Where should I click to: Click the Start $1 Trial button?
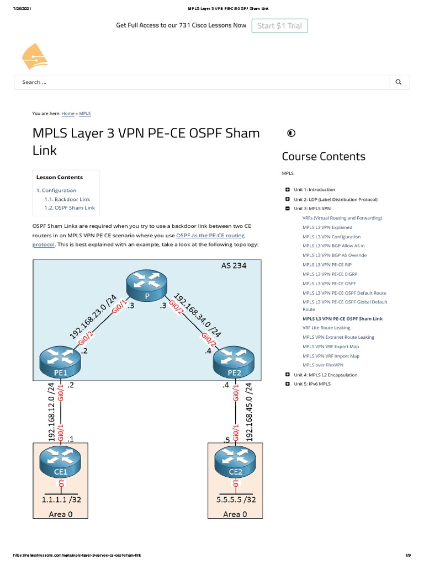tap(280, 26)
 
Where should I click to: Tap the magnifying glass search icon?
tap(399, 82)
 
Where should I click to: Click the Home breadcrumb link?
tap(68, 114)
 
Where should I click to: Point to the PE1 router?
tap(61, 363)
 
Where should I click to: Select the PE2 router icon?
tap(234, 363)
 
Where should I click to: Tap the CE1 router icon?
tap(61, 462)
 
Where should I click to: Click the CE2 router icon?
tap(235, 462)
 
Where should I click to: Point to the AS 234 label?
tap(234, 265)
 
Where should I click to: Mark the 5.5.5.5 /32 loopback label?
tap(235, 501)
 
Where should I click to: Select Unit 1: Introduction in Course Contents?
tap(314, 190)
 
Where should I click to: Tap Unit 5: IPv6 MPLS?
tap(312, 383)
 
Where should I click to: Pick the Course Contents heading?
tap(324, 156)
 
